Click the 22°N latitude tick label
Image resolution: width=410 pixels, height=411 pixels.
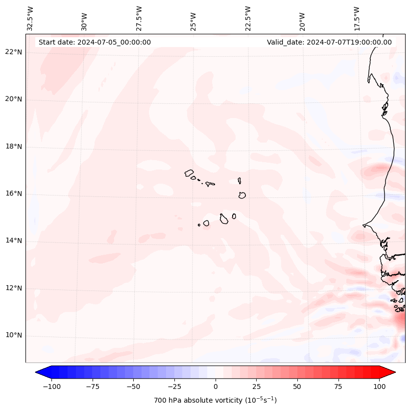point(13,52)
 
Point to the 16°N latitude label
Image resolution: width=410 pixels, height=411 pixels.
point(13,194)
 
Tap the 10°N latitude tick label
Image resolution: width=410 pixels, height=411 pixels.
point(13,336)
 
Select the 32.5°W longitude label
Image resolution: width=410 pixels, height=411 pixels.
point(30,18)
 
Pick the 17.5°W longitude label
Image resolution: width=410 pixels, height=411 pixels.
point(357,18)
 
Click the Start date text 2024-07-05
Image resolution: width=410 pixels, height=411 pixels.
point(95,42)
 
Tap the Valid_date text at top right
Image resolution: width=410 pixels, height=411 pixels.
point(329,42)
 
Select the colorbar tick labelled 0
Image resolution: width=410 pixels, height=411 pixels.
point(216,387)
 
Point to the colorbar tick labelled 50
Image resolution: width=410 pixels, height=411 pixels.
point(297,387)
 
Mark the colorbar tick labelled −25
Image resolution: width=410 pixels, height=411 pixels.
point(174,387)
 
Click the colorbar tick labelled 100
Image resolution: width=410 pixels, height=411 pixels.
point(379,387)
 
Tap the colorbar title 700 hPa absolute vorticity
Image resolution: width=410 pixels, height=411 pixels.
point(215,400)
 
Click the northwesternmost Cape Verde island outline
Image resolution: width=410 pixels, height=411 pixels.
point(189,173)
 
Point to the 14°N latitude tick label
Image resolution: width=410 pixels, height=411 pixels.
point(13,241)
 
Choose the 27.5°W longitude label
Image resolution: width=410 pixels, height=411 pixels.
point(139,18)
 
